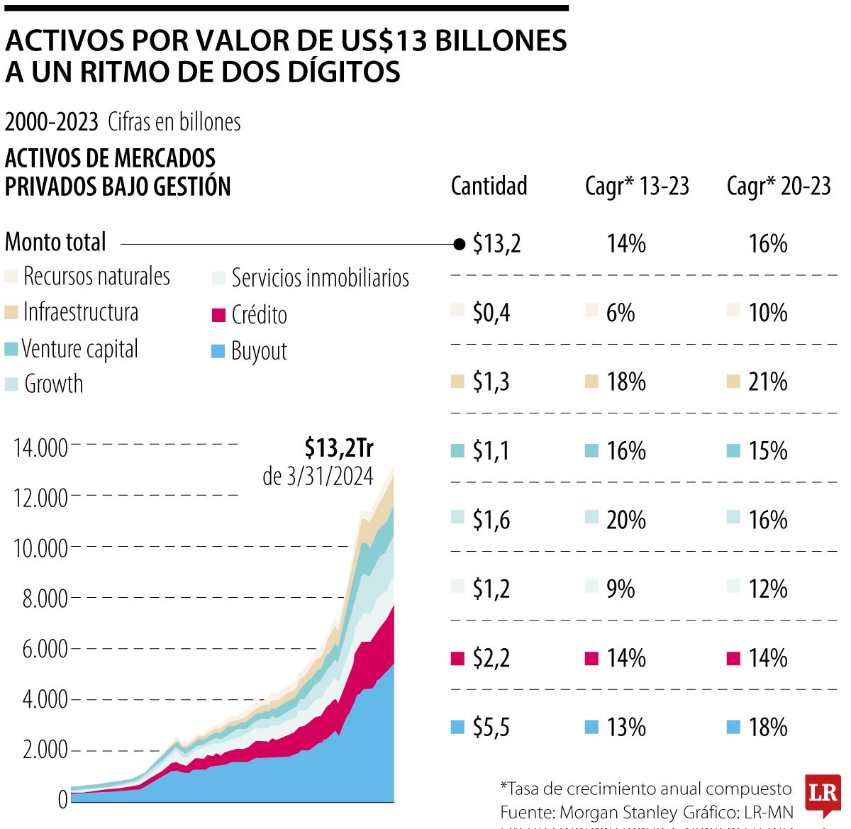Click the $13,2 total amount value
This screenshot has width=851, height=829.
click(x=496, y=244)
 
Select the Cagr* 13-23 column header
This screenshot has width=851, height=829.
click(x=637, y=187)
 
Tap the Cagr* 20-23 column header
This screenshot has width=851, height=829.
click(x=779, y=187)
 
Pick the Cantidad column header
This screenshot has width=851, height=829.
click(x=489, y=187)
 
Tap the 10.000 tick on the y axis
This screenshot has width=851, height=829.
click(x=40, y=548)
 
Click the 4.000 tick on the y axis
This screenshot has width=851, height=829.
click(x=45, y=699)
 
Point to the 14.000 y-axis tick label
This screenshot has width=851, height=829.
click(x=40, y=447)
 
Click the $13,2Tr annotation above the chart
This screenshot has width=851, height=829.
click(x=339, y=448)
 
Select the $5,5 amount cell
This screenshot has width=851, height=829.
click(x=491, y=728)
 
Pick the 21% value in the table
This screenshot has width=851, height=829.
click(x=768, y=382)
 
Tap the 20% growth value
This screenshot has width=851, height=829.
click(x=626, y=521)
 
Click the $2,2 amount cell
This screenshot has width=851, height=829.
click(x=491, y=659)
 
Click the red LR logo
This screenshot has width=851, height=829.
click(x=823, y=794)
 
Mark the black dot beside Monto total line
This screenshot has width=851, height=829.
click(x=459, y=245)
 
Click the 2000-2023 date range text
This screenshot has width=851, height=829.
click(x=51, y=122)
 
